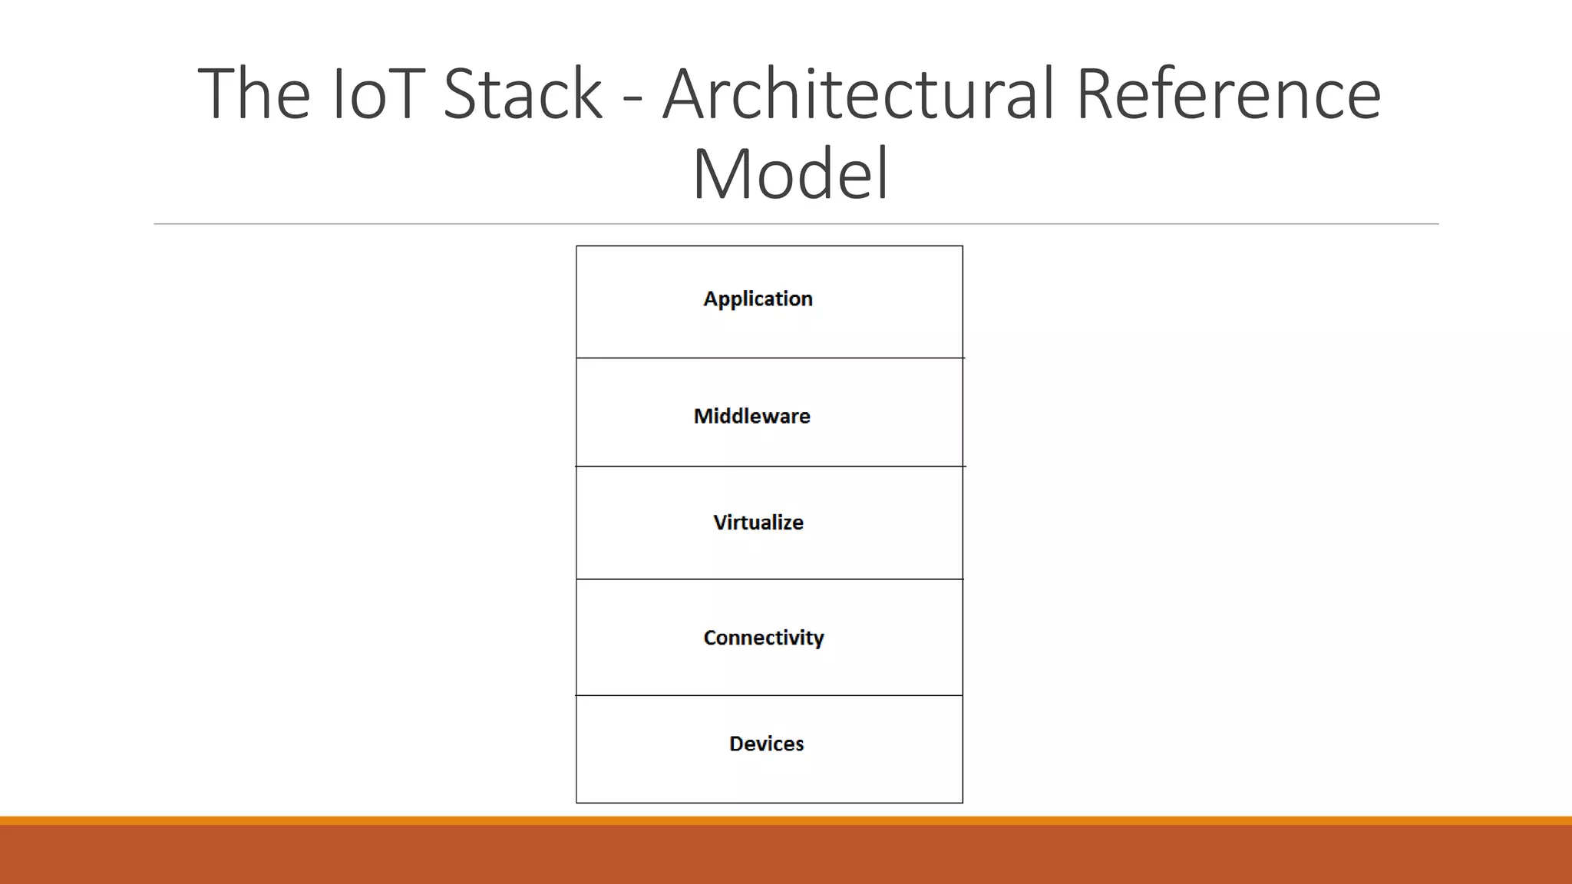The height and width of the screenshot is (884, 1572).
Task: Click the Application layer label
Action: point(758,299)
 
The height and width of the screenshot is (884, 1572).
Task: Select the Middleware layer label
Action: point(751,416)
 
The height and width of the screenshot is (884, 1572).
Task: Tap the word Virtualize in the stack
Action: point(758,523)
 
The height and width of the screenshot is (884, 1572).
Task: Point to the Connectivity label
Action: point(763,638)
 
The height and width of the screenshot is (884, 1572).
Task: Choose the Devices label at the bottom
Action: point(766,744)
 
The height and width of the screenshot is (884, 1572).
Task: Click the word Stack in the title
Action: point(523,94)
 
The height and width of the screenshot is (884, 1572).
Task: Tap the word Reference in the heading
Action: point(1227,94)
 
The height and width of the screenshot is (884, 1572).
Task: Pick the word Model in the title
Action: point(790,174)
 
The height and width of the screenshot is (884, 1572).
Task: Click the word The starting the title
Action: point(254,94)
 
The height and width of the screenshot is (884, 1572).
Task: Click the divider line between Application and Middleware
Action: point(769,358)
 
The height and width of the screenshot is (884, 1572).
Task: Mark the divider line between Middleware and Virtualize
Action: point(769,466)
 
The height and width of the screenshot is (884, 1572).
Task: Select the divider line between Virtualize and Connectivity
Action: point(769,579)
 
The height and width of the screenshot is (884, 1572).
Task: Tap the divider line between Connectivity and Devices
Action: point(769,695)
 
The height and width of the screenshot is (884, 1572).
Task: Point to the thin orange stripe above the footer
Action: point(786,820)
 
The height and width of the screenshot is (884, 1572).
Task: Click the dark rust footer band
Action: point(786,855)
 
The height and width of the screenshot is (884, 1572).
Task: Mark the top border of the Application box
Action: point(769,246)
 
